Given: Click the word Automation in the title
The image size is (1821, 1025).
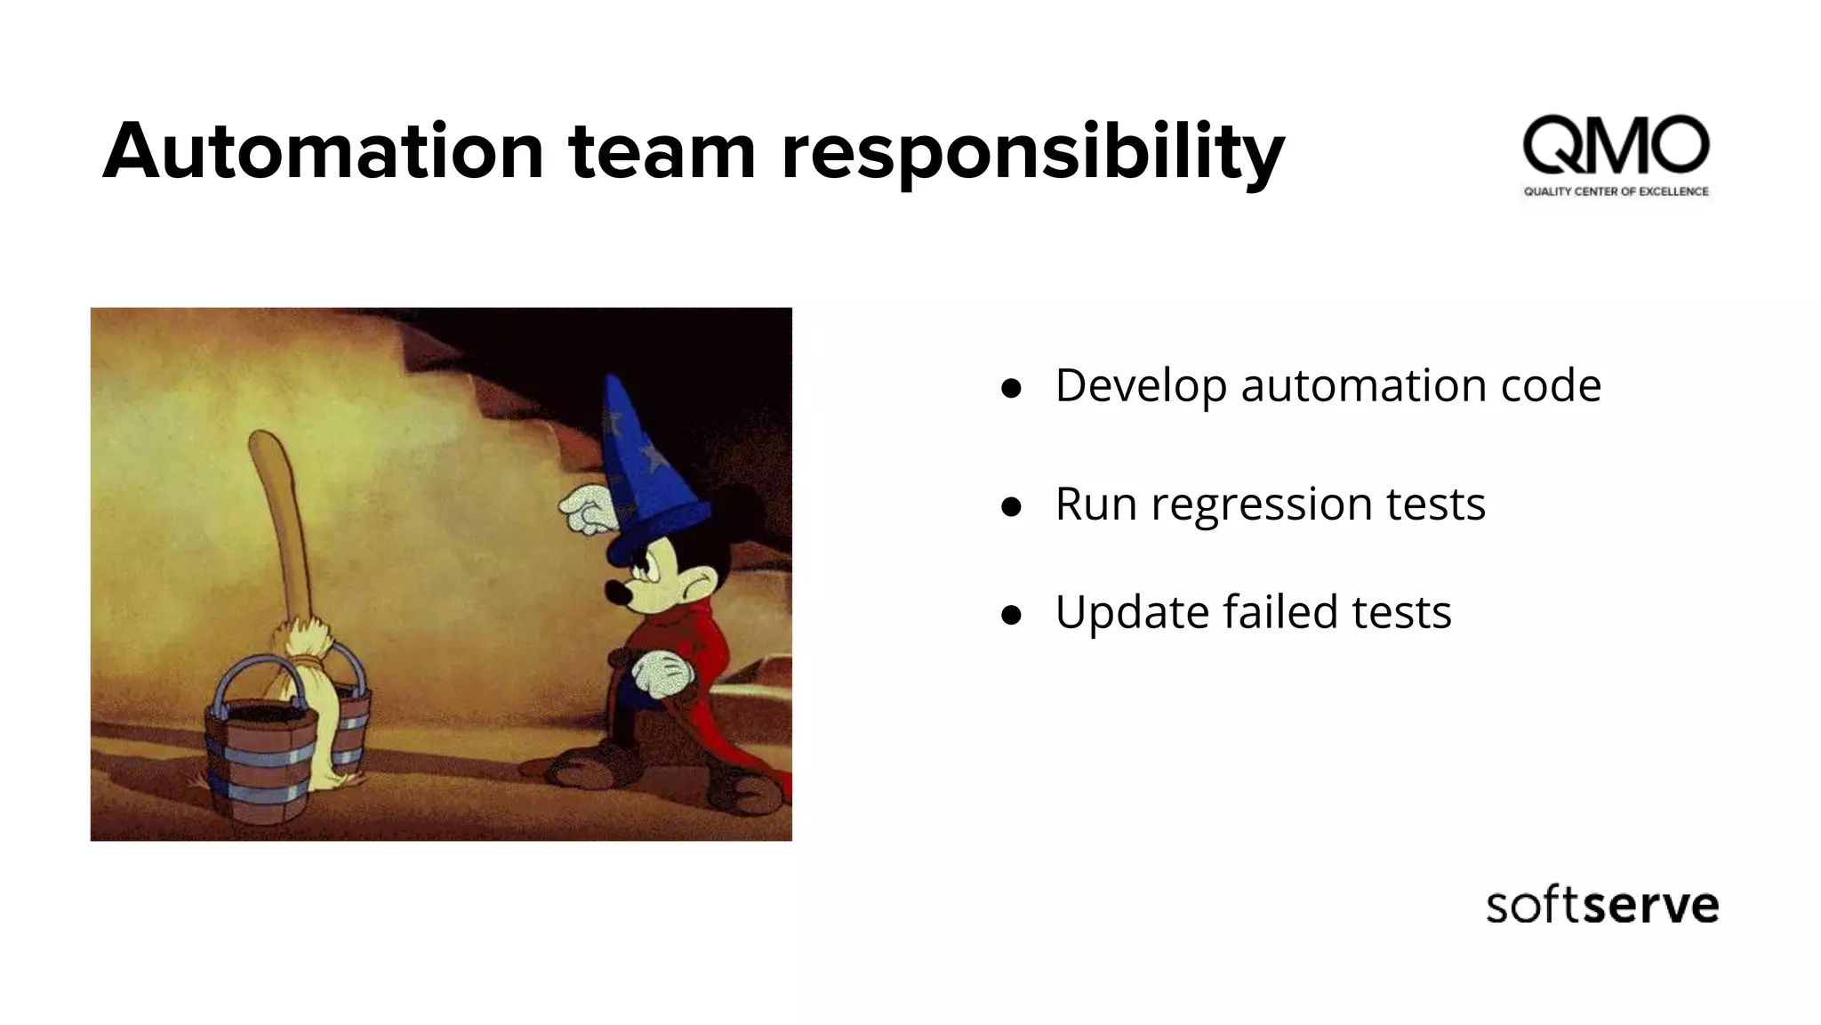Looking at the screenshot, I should coord(322,151).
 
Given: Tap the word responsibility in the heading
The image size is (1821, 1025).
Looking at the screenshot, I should coord(1032,153).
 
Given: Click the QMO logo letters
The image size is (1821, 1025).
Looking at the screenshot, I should coord(1616,145).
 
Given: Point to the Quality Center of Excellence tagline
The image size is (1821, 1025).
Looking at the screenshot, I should coord(1616,191).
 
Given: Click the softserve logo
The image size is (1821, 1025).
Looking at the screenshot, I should coord(1601,906).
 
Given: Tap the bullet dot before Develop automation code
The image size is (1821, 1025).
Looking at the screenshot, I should coord(1010,388).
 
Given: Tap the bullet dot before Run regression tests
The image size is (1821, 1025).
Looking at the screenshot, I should coord(1010,507).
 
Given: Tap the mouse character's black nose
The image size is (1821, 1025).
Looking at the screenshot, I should coord(614,591).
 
